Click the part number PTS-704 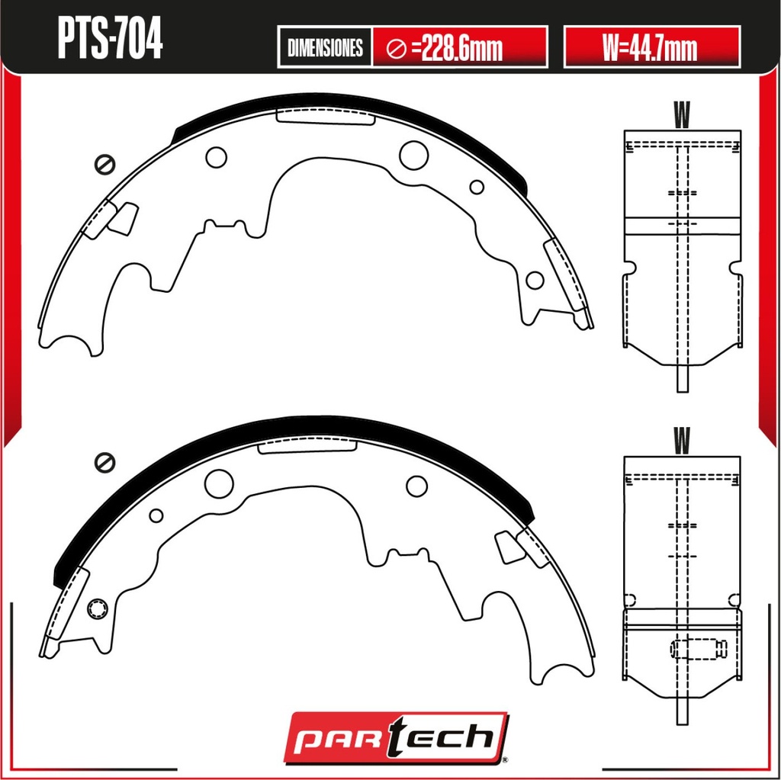coord(110,39)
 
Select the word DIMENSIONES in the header coord(325,47)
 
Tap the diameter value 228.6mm coord(462,48)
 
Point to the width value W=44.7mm coord(650,47)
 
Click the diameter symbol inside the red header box coord(397,48)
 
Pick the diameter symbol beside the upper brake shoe coord(104,165)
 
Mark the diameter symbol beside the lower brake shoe coord(104,462)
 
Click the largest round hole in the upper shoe coord(413,155)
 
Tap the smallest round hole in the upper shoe coord(477,187)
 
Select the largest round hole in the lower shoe coord(219,483)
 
